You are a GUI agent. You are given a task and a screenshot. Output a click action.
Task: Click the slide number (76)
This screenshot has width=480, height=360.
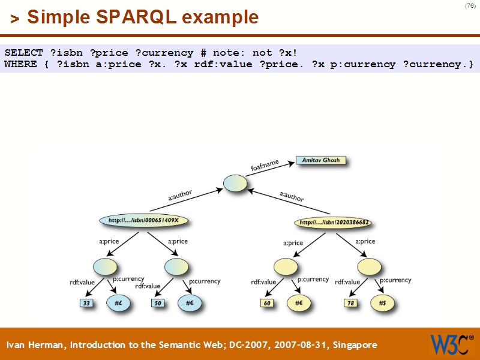pos(470,6)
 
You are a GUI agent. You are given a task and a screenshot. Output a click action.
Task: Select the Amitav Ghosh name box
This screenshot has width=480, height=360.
pos(321,161)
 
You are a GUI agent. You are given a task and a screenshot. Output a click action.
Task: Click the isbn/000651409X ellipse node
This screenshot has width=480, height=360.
pos(144,221)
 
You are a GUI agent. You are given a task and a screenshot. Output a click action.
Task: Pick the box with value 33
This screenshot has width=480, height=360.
pos(87,304)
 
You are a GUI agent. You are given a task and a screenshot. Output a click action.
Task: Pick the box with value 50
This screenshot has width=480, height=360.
pos(158,304)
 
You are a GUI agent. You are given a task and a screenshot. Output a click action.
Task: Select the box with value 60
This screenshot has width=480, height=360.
pos(268,304)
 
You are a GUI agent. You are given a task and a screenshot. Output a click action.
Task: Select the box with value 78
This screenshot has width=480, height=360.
pos(352,304)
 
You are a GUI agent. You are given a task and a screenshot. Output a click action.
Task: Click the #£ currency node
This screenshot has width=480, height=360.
pos(119,304)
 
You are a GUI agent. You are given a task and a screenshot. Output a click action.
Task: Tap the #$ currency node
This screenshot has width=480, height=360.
pos(382,304)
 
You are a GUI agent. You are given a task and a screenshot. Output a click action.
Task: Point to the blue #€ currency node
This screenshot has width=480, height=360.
pos(190,304)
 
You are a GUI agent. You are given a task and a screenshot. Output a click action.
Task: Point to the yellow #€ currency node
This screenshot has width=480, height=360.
pos(298,304)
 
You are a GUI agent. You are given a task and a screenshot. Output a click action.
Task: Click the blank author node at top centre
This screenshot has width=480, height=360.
pos(235,184)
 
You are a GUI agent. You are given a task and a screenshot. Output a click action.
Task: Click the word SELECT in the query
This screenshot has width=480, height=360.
pos(23,53)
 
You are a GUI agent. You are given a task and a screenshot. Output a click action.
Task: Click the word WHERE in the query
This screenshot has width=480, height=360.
pos(20,64)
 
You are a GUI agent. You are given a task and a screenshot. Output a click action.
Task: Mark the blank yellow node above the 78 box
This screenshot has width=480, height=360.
pos(369,266)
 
